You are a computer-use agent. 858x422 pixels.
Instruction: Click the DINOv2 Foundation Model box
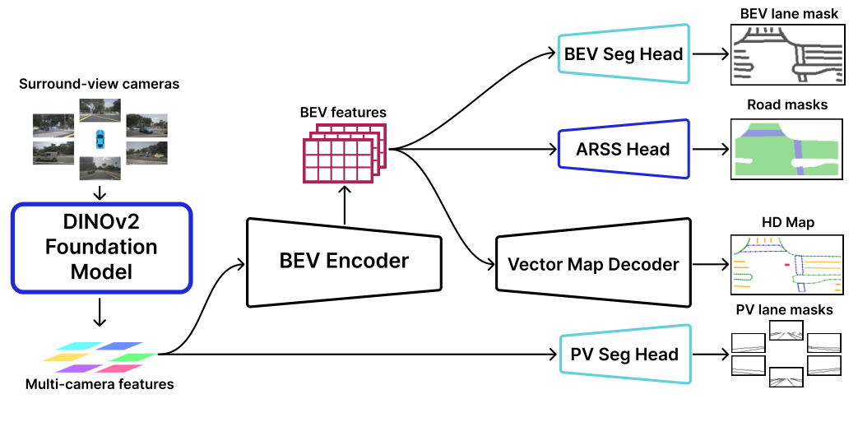pos(101,247)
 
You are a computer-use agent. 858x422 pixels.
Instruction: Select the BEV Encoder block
pos(344,262)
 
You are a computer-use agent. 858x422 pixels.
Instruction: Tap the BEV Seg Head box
pos(623,54)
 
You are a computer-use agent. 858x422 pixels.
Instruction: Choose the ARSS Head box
pos(623,149)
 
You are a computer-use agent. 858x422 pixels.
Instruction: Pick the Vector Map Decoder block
pos(593,264)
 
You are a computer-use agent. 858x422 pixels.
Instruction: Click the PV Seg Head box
pos(624,355)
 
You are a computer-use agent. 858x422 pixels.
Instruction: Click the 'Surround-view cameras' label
pos(100,84)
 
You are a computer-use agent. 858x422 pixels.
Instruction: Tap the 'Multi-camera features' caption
pos(100,383)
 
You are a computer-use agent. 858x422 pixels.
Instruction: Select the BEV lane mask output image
pos(787,55)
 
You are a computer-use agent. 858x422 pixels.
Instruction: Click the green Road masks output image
pos(787,149)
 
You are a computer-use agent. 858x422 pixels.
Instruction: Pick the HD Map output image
pos(787,264)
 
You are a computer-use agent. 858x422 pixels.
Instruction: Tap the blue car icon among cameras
pos(100,137)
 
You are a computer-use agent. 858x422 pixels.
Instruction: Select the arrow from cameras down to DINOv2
pos(100,192)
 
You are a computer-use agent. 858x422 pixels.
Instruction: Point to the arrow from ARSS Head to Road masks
pos(709,150)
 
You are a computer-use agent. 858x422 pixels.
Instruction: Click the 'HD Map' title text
pos(787,222)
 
